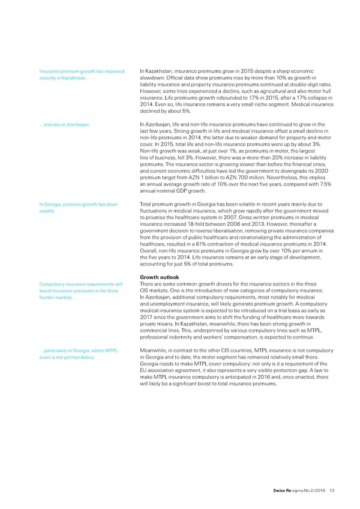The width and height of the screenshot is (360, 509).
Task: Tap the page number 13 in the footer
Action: tap(332, 490)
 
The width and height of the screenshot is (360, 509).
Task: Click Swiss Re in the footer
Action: tap(281, 490)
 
